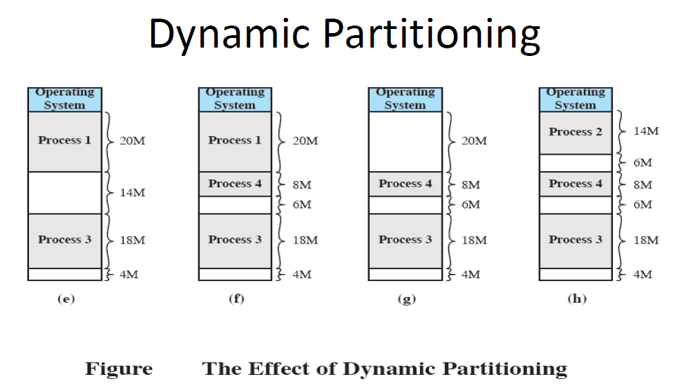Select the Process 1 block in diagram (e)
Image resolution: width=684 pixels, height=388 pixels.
[64, 141]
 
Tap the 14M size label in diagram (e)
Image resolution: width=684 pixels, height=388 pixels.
[133, 192]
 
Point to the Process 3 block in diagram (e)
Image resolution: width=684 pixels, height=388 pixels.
[64, 240]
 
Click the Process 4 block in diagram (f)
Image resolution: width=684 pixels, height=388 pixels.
[235, 184]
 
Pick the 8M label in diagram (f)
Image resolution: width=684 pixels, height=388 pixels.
[302, 184]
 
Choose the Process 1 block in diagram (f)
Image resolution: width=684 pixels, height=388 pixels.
[235, 141]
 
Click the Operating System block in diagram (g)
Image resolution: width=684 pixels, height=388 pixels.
[405, 99]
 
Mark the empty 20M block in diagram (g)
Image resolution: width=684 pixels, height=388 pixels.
[405, 141]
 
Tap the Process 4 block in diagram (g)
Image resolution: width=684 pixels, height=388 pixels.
[405, 184]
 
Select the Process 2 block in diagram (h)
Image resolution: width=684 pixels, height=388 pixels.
[576, 132]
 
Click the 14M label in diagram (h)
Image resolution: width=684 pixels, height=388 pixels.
[646, 131]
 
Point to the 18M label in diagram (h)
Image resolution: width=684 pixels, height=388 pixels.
[646, 240]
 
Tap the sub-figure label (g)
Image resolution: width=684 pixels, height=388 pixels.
[406, 299]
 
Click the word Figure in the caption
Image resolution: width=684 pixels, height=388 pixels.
[119, 369]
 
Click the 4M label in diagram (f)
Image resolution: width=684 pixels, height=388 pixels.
[301, 274]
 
